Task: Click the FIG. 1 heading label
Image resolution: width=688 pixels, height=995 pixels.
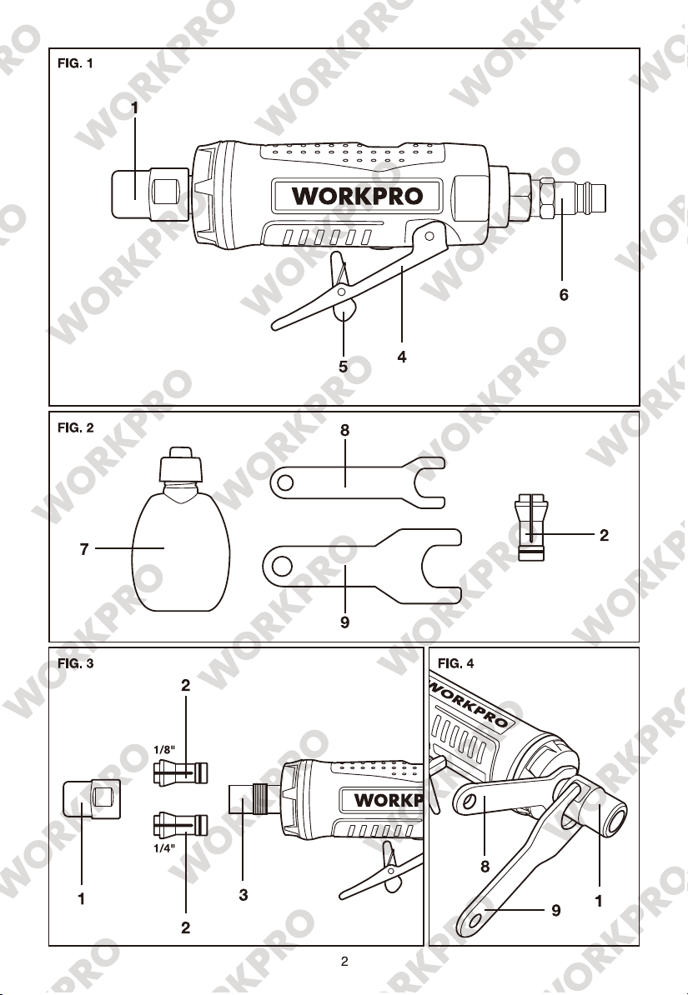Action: (75, 63)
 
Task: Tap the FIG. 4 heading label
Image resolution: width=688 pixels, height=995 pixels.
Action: (455, 664)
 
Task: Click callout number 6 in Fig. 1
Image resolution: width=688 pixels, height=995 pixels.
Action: (564, 295)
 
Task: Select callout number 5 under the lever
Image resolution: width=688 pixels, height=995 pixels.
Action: (343, 367)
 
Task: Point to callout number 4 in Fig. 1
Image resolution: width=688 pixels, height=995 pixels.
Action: (401, 357)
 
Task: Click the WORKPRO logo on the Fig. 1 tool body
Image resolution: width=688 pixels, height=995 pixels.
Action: (357, 196)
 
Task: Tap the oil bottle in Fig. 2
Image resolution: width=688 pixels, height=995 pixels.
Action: (180, 529)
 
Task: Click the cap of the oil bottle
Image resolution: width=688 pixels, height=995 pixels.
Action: (180, 464)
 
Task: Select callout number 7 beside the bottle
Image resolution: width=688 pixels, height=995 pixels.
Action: (84, 549)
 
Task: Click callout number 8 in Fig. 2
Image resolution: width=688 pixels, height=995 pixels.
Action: (344, 430)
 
